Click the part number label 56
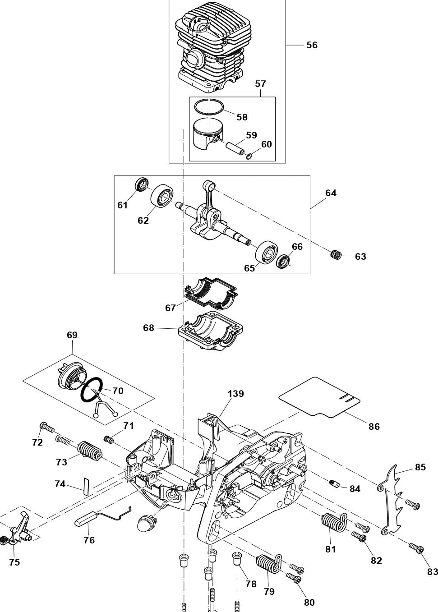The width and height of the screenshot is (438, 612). pos(312,45)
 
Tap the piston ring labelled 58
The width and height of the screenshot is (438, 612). pos(209,106)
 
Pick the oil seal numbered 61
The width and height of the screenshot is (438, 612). pos(142,184)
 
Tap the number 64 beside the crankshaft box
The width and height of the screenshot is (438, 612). pos(331,193)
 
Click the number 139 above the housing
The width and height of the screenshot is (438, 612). pos(235,394)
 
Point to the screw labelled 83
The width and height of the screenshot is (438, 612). pos(416,548)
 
